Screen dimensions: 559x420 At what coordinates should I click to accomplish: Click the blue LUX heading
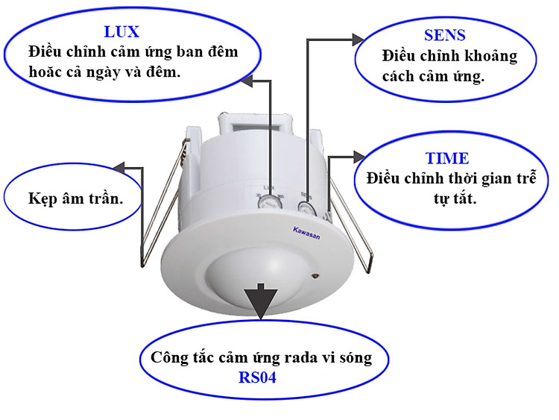[x=121, y=32]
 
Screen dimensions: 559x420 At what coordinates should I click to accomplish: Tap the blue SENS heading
[x=444, y=35]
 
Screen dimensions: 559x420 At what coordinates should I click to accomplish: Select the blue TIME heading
[x=446, y=158]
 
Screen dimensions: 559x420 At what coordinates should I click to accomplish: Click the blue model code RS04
[x=257, y=377]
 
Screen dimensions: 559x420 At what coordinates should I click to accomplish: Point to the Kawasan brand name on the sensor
[x=306, y=233]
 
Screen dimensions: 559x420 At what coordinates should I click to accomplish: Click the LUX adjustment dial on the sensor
[x=270, y=204]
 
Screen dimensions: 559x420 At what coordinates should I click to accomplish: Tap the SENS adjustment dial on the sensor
[x=306, y=208]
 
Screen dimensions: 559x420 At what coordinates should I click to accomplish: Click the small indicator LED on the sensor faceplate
[x=315, y=275]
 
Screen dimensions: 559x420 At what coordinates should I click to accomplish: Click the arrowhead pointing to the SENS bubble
[x=358, y=40]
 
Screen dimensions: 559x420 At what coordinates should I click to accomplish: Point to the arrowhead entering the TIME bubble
[x=359, y=157]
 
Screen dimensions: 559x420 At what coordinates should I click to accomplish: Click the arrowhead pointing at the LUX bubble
[x=247, y=81]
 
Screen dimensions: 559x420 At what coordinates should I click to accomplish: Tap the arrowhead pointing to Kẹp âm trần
[x=119, y=167]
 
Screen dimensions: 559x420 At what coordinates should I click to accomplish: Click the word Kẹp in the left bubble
[x=42, y=198]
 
